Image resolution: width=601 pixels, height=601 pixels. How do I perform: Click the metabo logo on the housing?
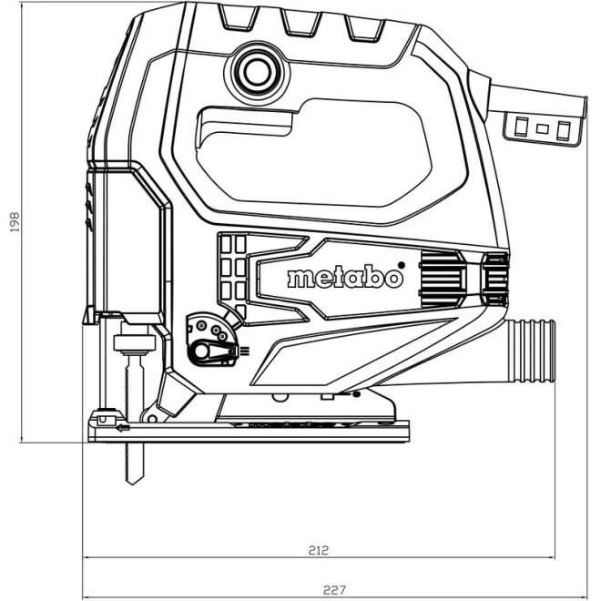click(x=343, y=278)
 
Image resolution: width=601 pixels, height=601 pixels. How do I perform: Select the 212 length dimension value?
click(x=318, y=550)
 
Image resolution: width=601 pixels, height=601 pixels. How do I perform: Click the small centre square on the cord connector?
click(x=542, y=128)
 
